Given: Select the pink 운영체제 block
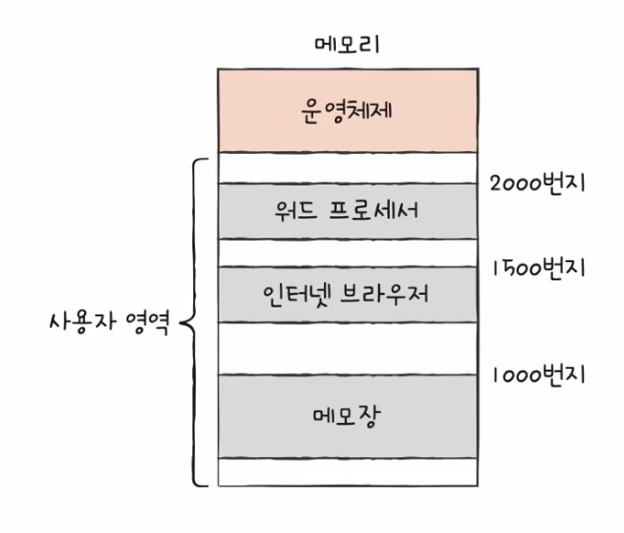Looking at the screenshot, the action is [347, 110].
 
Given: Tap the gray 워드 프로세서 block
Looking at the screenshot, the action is [347, 212].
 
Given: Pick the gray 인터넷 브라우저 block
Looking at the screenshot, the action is [347, 295].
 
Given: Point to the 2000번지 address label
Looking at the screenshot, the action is [537, 183].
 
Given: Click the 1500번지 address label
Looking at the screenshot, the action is [537, 269].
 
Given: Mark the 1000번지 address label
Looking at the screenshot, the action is [537, 375].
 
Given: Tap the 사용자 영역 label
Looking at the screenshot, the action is [107, 323].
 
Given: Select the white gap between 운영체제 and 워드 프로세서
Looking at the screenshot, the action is [347, 168].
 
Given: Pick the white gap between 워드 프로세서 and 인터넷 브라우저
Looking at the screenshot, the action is [347, 253].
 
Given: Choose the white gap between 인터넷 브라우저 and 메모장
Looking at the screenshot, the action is [347, 348].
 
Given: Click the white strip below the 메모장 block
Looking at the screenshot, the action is [347, 472].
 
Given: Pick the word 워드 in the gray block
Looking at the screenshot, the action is [294, 212].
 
